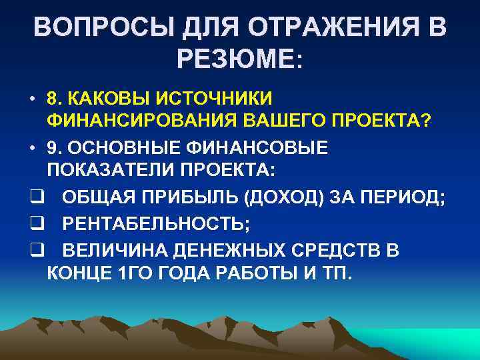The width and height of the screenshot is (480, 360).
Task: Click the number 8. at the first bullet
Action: tap(55, 99)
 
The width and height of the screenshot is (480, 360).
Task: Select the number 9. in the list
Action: tap(55, 148)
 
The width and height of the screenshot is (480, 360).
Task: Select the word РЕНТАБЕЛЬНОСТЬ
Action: tap(154, 225)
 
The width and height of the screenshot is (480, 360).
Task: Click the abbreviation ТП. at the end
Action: tap(335, 273)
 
